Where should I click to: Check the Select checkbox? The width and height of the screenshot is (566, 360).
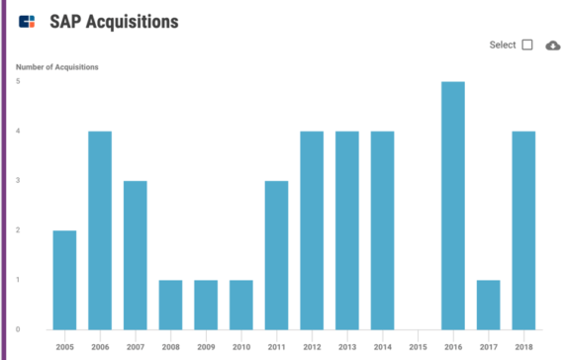pos(527,45)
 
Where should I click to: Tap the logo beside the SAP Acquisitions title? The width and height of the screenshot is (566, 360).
pos(27,20)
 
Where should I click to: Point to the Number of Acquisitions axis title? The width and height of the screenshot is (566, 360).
pos(56,67)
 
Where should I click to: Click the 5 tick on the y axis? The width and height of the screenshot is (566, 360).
pos(19,81)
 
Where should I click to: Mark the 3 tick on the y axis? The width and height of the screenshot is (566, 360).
pos(19,181)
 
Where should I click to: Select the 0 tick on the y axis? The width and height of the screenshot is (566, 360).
pos(19,329)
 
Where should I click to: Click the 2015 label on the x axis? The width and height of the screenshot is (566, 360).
pos(418,348)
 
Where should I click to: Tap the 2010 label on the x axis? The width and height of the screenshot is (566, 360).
pos(241,348)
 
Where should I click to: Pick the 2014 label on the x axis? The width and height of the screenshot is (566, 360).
pos(382,348)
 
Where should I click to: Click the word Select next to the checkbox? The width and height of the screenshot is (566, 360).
pos(503,45)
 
